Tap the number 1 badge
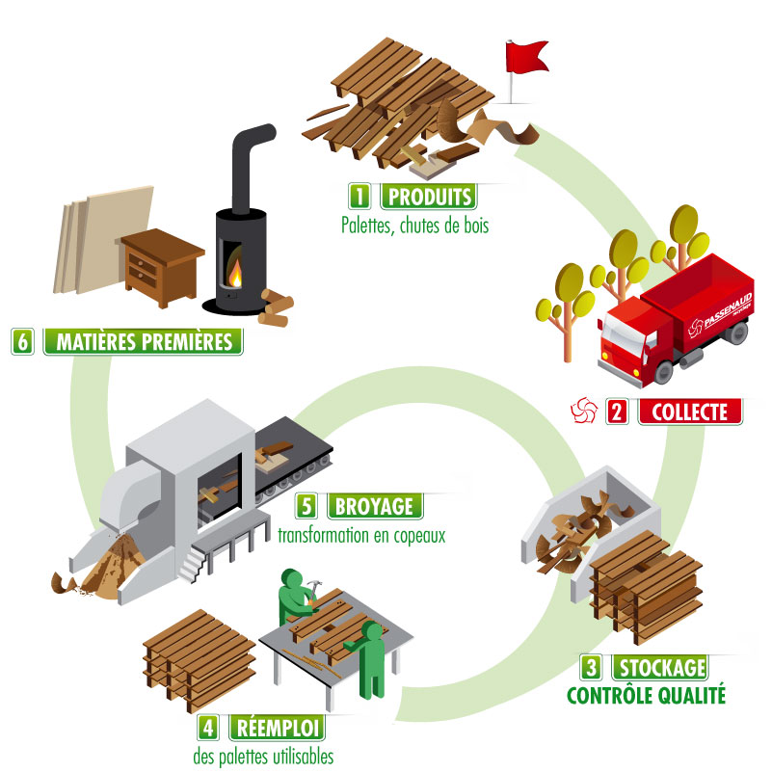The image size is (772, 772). tap(361, 198)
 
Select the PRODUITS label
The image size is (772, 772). tap(429, 198)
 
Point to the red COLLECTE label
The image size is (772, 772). tap(690, 412)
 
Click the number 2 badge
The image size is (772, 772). tap(618, 413)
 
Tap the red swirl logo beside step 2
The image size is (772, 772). tap(582, 413)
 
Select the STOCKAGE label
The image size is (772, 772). tap(660, 667)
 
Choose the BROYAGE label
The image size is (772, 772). tap(370, 505)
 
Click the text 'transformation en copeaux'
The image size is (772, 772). tap(361, 535)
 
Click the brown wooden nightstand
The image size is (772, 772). tap(162, 267)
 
